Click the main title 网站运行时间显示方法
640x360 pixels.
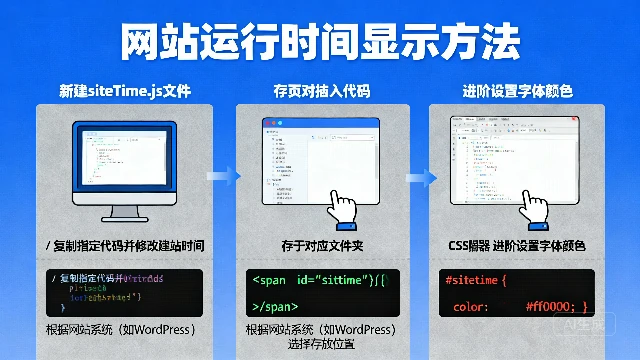coord(320,41)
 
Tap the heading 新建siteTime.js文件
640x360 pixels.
coord(125,92)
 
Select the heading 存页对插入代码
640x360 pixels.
coord(321,92)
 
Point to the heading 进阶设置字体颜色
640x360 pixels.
coord(518,92)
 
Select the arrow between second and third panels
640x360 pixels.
coord(422,177)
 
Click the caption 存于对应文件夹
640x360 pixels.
coord(320,245)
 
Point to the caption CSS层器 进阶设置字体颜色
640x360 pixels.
coord(516,245)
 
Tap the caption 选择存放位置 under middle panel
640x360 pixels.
coord(321,345)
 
